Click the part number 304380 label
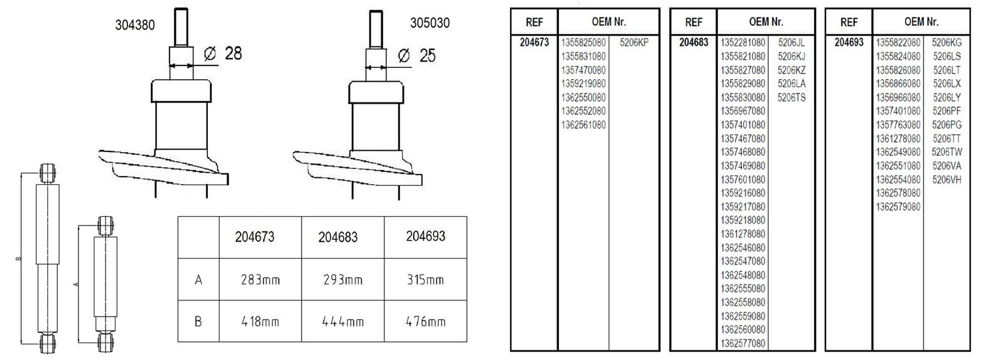tap(134, 25)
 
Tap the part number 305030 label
tap(430, 23)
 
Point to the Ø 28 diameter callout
tap(222, 53)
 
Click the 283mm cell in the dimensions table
tap(260, 280)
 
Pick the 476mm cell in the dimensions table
tap(425, 322)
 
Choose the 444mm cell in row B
tap(343, 322)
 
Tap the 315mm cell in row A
tap(425, 280)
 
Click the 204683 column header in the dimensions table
tap(338, 237)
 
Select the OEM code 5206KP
tap(634, 43)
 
